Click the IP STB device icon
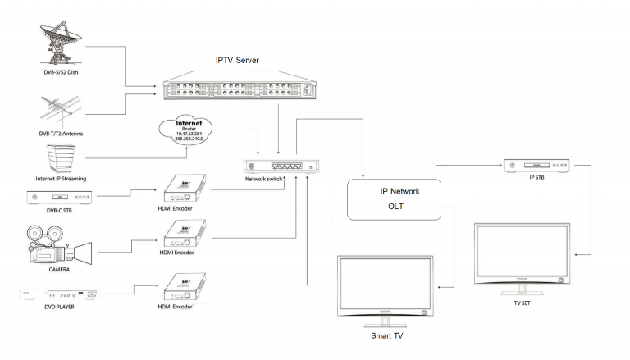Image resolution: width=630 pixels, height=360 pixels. coord(538,166)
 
